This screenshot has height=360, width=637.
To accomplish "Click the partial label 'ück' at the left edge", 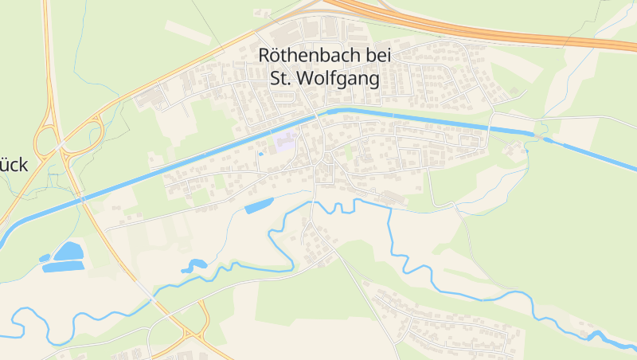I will tap(14, 165).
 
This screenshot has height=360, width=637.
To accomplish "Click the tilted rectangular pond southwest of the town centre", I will tap(258, 207).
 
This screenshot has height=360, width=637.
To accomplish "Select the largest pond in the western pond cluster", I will tap(68, 252).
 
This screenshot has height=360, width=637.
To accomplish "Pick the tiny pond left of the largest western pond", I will tap(45, 258).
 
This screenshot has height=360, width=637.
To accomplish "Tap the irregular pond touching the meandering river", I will tap(193, 266).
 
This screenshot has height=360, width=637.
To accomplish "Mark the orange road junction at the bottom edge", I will tap(190, 335).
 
